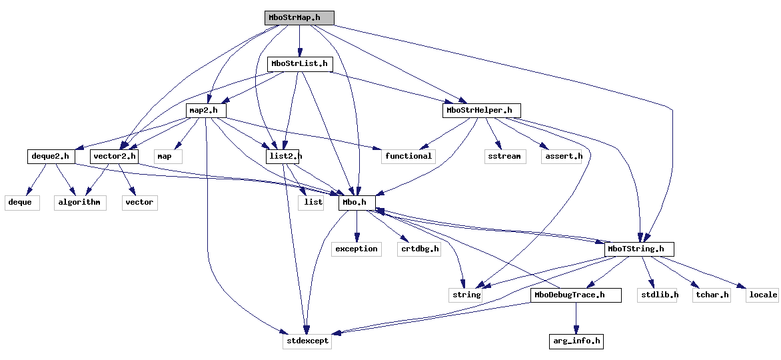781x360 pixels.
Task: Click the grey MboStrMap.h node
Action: [x=299, y=18]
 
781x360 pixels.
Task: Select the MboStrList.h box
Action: [x=299, y=64]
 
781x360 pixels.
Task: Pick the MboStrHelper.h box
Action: [x=481, y=110]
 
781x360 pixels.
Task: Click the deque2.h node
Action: [x=51, y=157]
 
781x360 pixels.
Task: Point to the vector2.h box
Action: [x=115, y=157]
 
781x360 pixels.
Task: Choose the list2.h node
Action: [x=283, y=157]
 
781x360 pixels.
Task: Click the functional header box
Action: [x=408, y=156]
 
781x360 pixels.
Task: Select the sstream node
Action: [x=504, y=156]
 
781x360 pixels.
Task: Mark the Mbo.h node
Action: [x=357, y=202]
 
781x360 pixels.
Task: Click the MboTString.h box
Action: [x=639, y=249]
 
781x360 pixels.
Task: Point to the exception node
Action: [x=356, y=249]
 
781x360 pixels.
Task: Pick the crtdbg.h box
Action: [x=419, y=249]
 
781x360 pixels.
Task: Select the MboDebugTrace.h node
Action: [x=576, y=295]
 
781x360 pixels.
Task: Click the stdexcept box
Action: [x=306, y=341]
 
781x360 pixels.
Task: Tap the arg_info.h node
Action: [x=576, y=341]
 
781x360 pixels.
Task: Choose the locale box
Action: [x=762, y=295]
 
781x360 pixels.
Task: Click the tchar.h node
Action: [x=711, y=295]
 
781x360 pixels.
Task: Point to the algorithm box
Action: [x=80, y=202]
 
